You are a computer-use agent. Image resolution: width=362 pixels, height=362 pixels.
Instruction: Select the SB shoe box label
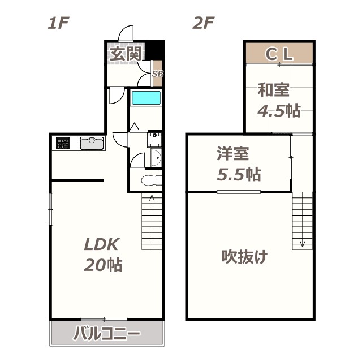(158, 74)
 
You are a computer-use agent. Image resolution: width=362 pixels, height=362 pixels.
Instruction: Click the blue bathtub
(146, 98)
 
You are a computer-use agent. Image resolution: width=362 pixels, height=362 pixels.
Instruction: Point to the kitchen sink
(91, 144)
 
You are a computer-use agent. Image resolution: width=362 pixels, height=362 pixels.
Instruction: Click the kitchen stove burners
(62, 144)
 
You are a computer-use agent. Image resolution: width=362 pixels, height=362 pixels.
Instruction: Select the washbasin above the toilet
(156, 159)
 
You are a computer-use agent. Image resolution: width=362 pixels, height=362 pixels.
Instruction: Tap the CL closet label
(279, 54)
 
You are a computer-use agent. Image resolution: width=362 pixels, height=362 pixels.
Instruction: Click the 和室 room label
(274, 89)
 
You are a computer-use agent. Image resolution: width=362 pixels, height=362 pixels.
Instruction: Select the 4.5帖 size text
(278, 110)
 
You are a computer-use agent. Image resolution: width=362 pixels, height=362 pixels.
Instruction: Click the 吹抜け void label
(244, 257)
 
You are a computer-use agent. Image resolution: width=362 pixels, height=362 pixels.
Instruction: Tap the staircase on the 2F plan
(303, 221)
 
